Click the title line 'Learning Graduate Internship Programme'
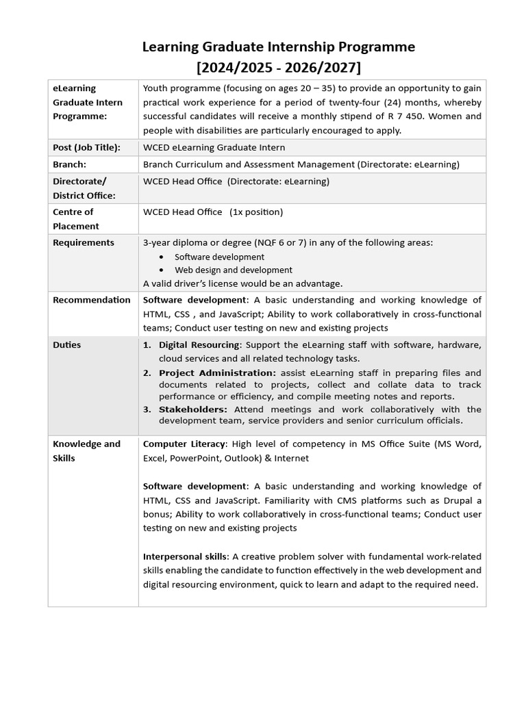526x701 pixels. click(x=278, y=47)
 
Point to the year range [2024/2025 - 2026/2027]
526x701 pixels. click(x=278, y=67)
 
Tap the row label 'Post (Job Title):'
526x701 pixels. click(x=86, y=147)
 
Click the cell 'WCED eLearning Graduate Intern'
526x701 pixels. click(x=214, y=147)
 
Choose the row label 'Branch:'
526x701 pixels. click(x=69, y=164)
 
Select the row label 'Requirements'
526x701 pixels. click(x=84, y=242)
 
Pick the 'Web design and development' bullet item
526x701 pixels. click(x=233, y=270)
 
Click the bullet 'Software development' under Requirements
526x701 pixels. click(x=219, y=257)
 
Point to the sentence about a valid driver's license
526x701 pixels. click(x=242, y=283)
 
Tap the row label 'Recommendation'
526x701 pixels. click(x=91, y=300)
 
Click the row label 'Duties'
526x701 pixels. click(x=66, y=345)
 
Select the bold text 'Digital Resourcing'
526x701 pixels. click(x=199, y=345)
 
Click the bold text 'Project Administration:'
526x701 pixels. click(x=217, y=373)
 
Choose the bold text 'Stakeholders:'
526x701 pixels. click(x=193, y=409)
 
